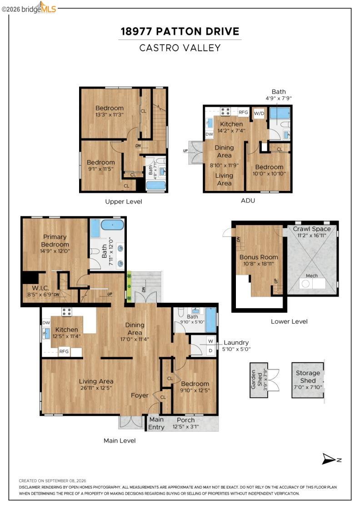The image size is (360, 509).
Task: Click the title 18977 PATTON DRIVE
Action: [180, 31]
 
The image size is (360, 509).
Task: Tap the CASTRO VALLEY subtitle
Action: [180, 48]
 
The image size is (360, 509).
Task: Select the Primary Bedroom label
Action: [55, 240]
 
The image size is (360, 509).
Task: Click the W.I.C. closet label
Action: [40, 288]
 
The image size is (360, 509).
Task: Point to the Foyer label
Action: [140, 395]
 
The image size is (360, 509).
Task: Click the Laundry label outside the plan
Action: [236, 343]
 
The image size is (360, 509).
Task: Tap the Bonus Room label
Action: [259, 257]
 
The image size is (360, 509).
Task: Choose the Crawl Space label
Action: [312, 229]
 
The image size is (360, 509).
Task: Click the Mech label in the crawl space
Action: [312, 275]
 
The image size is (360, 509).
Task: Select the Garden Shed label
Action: [256, 379]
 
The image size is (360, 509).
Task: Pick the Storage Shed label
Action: [308, 377]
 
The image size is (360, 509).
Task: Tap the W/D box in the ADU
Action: [259, 113]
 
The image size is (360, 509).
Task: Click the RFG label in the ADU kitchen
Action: [244, 112]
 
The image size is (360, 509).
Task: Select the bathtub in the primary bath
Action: [112, 225]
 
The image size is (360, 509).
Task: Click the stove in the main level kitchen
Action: [67, 312]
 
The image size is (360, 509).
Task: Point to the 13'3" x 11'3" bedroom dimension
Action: [110, 115]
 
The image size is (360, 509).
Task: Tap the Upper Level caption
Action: [124, 202]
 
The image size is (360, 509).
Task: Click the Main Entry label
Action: [156, 423]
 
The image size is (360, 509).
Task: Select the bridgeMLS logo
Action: [29, 8]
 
